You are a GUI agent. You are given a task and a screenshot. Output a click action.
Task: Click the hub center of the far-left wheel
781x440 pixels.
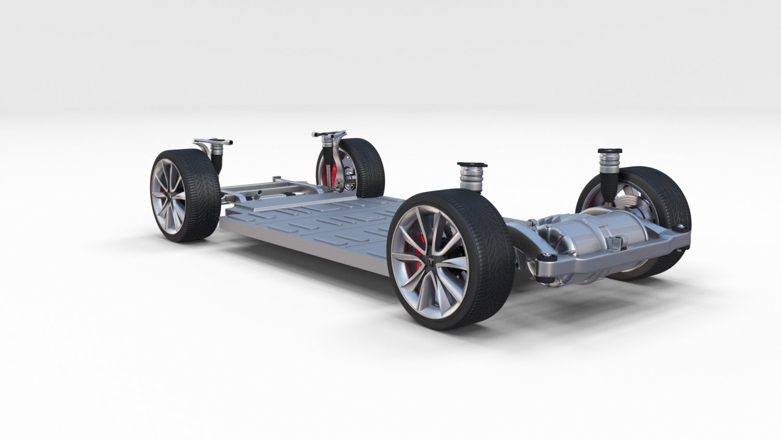168,195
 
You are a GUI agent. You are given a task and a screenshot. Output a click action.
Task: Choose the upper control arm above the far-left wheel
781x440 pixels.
212,142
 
